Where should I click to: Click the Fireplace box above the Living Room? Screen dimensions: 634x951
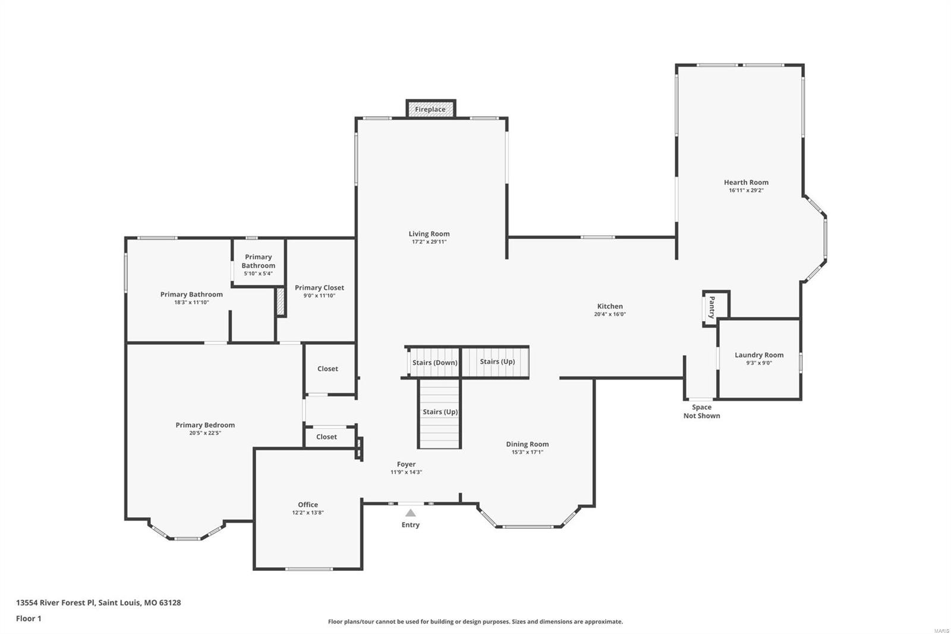(x=430, y=109)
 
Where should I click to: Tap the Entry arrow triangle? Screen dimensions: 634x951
(x=410, y=513)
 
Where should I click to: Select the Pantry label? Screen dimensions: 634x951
(x=711, y=307)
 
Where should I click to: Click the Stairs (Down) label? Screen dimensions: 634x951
(x=434, y=363)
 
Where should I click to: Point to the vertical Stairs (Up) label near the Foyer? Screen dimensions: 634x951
(x=440, y=412)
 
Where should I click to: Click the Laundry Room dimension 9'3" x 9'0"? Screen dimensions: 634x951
(x=759, y=363)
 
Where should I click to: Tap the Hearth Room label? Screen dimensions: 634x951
(x=746, y=183)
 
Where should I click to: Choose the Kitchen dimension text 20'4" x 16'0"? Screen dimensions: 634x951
(x=610, y=315)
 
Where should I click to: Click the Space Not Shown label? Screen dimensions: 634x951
(x=701, y=412)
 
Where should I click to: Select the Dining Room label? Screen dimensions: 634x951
(x=527, y=444)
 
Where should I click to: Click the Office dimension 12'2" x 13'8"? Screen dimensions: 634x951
(x=308, y=513)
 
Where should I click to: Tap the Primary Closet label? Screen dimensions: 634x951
(x=319, y=288)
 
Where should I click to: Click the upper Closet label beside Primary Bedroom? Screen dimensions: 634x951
(x=328, y=369)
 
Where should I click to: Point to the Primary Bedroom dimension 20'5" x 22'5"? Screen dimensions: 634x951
(x=205, y=433)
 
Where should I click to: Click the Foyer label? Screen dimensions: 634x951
(x=407, y=464)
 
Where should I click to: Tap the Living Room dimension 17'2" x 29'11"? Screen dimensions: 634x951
(x=429, y=242)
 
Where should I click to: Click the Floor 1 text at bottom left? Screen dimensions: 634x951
(x=29, y=619)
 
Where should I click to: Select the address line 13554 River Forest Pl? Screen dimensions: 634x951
(x=98, y=602)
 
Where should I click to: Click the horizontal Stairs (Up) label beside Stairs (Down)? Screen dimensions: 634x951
(x=497, y=362)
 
